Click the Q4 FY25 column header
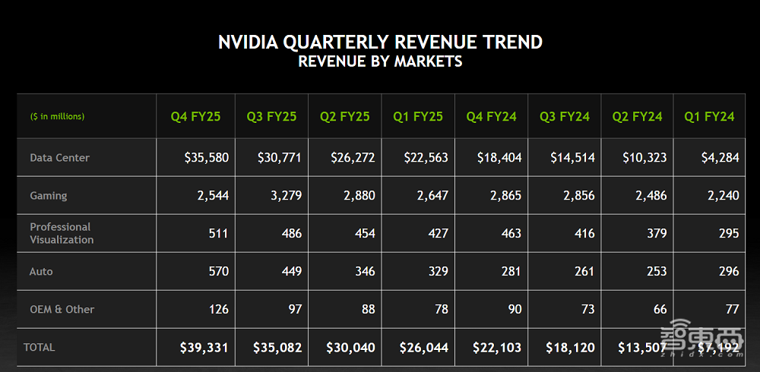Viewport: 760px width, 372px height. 195,117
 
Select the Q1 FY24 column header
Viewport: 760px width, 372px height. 709,117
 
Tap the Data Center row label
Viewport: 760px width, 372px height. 59,158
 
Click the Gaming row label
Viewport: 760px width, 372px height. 49,196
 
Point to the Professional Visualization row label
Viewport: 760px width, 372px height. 62,233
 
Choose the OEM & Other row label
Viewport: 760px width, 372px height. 62,310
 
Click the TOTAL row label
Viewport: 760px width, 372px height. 40,347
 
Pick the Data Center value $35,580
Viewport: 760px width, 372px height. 206,158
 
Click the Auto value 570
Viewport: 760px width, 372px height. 217,271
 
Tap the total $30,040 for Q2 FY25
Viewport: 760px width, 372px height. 352,348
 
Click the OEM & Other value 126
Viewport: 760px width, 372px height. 217,309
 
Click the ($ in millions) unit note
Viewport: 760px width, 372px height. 57,117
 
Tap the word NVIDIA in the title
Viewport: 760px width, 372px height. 246,42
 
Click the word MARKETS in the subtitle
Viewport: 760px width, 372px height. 428,61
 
